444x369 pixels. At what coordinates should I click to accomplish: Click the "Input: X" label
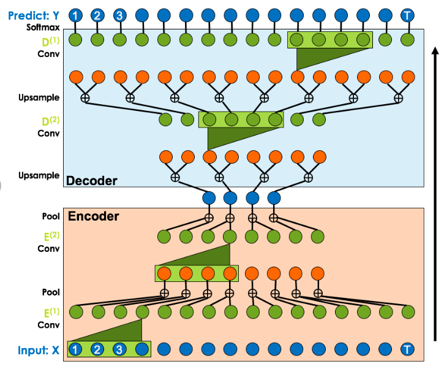[x=38, y=350]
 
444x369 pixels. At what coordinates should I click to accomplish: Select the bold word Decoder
[x=91, y=181]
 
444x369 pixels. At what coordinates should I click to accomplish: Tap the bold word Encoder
[x=93, y=216]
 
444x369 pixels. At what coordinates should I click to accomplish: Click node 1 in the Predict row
[x=75, y=15]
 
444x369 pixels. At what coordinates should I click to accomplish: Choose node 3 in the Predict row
[x=120, y=15]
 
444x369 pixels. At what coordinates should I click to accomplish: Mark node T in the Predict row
[x=407, y=15]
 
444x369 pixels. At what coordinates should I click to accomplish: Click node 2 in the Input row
[x=97, y=350]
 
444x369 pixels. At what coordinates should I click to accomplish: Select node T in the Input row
[x=407, y=350]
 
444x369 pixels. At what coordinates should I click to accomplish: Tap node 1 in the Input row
[x=75, y=350]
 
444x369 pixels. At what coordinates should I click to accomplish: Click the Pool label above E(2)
[x=51, y=217]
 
